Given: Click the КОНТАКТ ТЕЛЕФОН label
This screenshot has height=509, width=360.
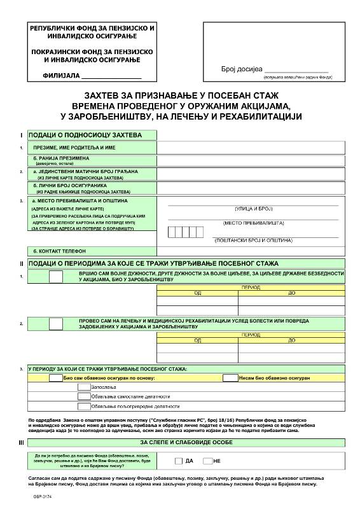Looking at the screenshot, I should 59,251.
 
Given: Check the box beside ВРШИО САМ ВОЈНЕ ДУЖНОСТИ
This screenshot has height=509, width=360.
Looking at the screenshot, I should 56,276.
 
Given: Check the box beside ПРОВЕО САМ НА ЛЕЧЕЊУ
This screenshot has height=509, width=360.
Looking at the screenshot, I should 56,323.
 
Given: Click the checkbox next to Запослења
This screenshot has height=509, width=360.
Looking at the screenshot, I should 83,386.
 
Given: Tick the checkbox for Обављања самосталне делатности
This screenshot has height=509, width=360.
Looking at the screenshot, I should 83,396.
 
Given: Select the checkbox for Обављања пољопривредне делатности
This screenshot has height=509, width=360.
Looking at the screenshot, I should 83,405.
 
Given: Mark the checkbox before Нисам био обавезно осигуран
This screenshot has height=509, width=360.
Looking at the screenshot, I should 230,377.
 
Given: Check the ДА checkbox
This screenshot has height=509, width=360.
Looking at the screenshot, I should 178,461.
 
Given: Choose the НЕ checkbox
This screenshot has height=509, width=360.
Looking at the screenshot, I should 207,461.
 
